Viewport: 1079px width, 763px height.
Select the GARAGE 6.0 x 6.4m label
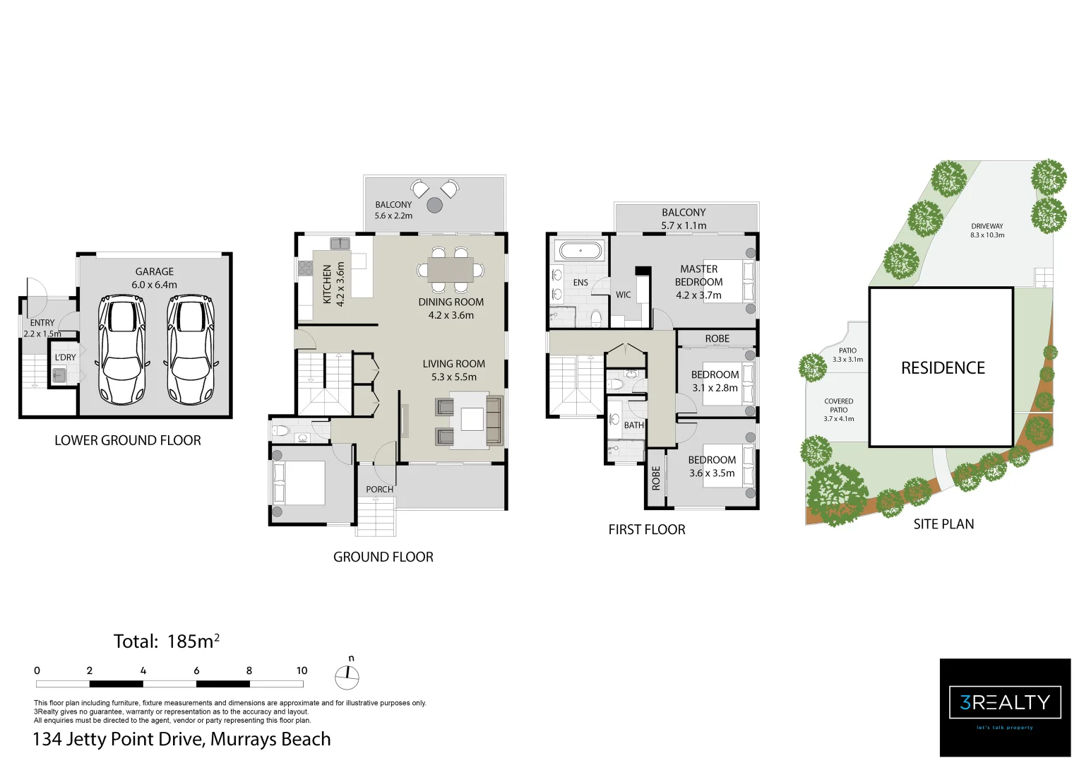coord(154,278)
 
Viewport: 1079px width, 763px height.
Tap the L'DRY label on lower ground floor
coord(65,357)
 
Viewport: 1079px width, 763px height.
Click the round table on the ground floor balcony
coord(434,206)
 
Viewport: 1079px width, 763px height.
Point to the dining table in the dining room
coord(450,269)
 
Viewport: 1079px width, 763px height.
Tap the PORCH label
coord(379,489)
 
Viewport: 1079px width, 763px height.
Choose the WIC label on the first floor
coord(623,295)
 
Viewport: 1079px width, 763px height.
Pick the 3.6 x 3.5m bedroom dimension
coord(712,473)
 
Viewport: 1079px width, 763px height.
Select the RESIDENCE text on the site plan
coord(943,368)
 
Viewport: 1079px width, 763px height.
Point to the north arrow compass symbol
coord(347,676)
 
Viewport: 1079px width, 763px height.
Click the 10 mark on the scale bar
coord(302,670)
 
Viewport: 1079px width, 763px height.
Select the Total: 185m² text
coord(167,641)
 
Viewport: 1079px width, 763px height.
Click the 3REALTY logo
coord(1005,703)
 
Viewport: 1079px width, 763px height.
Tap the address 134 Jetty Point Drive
coord(181,739)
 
